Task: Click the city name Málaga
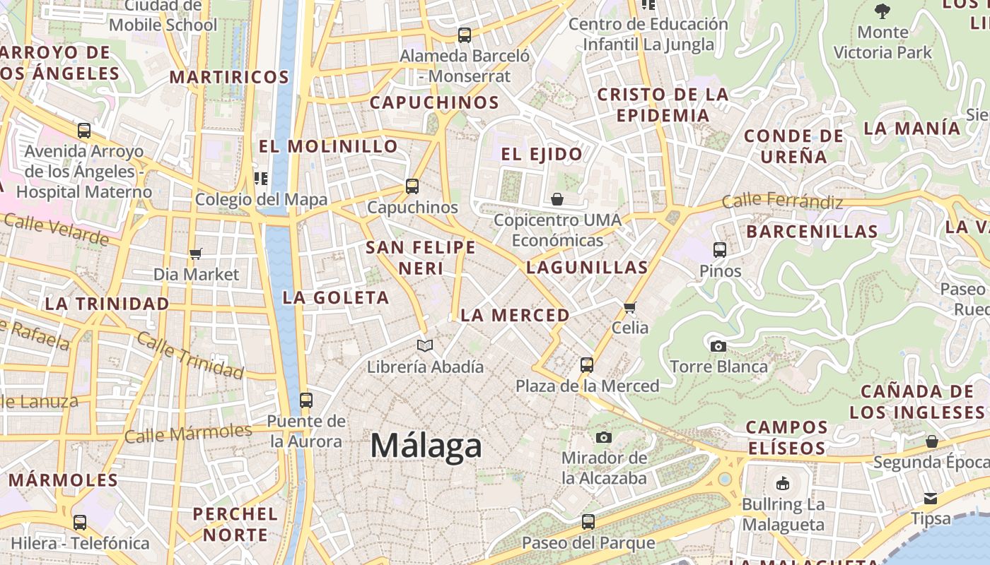(x=426, y=446)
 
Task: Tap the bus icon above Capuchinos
(x=412, y=186)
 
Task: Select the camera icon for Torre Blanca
(x=718, y=345)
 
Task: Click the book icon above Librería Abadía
(x=425, y=345)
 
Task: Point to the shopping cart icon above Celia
(x=630, y=307)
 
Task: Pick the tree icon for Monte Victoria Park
(x=882, y=11)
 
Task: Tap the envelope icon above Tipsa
(x=931, y=498)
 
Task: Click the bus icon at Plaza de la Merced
(x=587, y=365)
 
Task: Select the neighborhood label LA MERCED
(x=515, y=316)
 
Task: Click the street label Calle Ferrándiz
(x=782, y=201)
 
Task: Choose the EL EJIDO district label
(x=542, y=154)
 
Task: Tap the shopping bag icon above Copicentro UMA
(x=557, y=199)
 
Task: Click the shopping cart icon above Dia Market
(x=196, y=253)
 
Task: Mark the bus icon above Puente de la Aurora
(x=306, y=400)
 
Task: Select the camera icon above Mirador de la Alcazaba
(x=604, y=437)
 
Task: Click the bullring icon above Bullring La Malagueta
(x=783, y=484)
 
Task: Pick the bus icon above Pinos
(x=720, y=249)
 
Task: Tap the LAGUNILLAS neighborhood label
(x=587, y=268)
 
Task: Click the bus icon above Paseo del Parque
(x=588, y=522)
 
